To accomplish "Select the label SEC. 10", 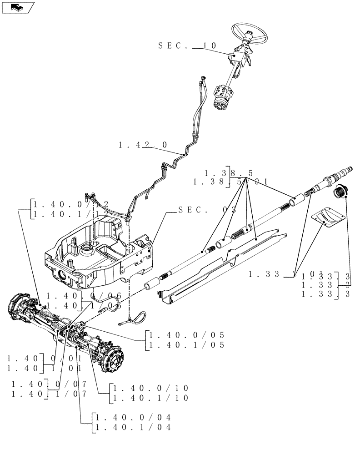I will (188, 45).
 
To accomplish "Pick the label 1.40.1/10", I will (150, 398).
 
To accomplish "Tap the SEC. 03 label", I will (207, 210).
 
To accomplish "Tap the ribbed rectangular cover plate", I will (327, 215).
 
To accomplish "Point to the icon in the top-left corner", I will (18, 7).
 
